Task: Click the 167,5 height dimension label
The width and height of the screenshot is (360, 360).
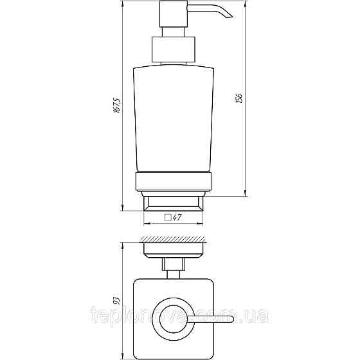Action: (116, 106)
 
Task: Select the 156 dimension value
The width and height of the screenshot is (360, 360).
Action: (240, 98)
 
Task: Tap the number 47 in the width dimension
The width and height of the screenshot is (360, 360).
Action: (176, 218)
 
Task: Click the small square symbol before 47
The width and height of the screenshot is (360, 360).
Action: (168, 218)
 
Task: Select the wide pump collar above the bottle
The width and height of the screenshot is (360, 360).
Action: (172, 50)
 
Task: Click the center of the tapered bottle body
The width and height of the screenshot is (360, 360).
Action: (172, 119)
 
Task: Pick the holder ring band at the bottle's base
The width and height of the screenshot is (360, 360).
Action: (172, 182)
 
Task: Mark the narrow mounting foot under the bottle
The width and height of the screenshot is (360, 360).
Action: (172, 204)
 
